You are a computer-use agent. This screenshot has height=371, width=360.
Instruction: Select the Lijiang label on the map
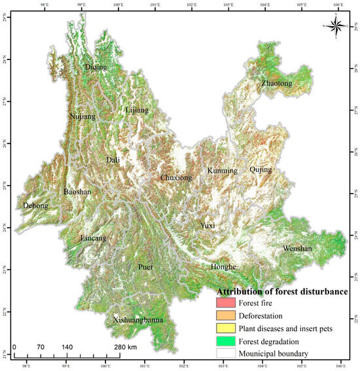[x=137, y=111]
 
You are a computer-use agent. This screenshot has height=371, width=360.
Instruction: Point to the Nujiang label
[x=82, y=116]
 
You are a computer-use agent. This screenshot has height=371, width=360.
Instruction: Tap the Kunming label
[x=223, y=171]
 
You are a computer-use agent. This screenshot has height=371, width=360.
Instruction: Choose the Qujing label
[x=261, y=169]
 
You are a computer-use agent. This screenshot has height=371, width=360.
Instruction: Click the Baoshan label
[x=77, y=192]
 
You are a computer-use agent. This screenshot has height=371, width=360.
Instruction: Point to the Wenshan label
[x=298, y=249]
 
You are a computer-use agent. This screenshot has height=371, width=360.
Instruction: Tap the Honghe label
[x=224, y=267]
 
